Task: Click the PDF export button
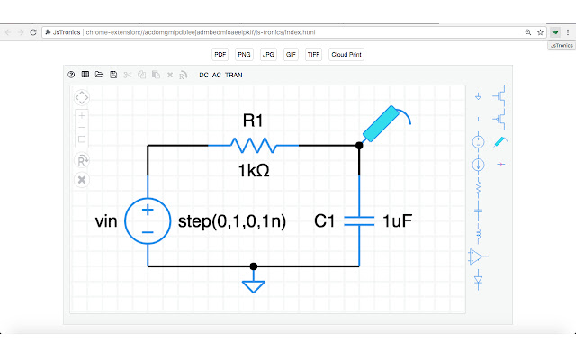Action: click(220, 54)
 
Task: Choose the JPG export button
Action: click(268, 54)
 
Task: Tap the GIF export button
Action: click(291, 54)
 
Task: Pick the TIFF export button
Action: click(313, 54)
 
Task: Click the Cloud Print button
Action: click(346, 54)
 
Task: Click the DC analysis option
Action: click(204, 75)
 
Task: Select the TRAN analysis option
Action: click(234, 75)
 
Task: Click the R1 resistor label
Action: click(254, 121)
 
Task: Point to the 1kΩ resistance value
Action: click(254, 169)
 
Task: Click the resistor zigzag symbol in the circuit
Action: click(254, 144)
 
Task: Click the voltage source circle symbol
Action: click(148, 220)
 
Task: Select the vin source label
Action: click(106, 220)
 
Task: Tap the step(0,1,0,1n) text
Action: click(232, 220)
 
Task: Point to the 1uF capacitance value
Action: click(397, 220)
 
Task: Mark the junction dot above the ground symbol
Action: click(254, 266)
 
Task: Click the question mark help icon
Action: click(71, 75)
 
